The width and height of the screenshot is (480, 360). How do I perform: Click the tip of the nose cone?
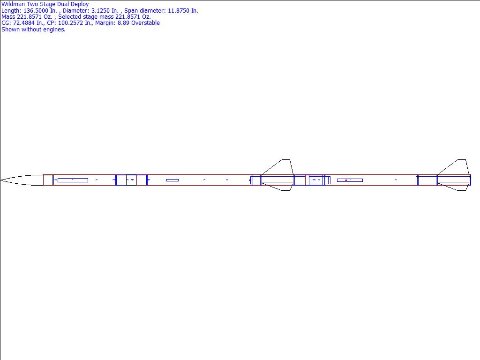(x=0, y=180)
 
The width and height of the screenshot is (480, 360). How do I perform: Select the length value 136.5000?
(x=36, y=11)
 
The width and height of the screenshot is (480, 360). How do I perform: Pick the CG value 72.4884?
(x=24, y=23)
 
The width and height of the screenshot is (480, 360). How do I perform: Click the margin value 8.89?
(x=124, y=23)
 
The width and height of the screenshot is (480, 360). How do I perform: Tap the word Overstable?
(x=145, y=23)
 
